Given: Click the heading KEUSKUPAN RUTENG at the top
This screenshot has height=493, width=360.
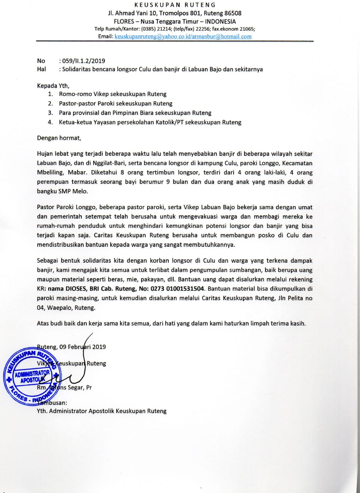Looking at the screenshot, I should click(x=175, y=5).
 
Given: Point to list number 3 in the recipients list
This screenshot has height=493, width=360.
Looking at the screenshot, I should click(x=50, y=113).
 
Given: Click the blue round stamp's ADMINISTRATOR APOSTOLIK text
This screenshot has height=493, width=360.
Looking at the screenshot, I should click(x=33, y=376).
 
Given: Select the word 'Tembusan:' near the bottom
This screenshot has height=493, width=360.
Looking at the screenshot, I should click(x=52, y=402).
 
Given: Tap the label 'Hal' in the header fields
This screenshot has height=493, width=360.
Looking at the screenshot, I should click(x=41, y=69).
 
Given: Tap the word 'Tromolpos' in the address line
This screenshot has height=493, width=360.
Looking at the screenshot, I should click(x=170, y=13).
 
